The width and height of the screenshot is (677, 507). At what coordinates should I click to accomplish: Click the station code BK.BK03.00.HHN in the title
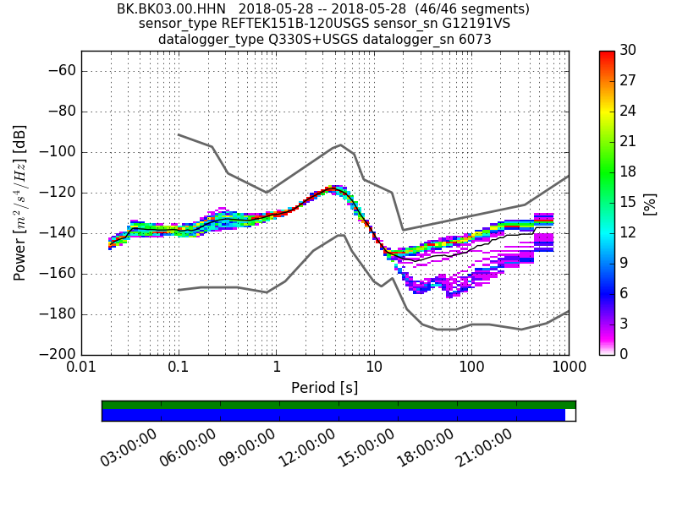[171, 9]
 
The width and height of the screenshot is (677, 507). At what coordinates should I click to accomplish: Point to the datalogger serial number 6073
[474, 40]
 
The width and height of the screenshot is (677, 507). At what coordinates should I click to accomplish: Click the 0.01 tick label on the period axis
[81, 369]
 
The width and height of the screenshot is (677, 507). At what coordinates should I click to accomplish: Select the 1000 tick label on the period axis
[568, 369]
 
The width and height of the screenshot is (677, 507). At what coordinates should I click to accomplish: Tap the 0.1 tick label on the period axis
[179, 369]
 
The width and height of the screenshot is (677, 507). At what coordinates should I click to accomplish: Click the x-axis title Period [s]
[324, 388]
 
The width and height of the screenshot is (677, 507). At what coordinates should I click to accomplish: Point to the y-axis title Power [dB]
[20, 203]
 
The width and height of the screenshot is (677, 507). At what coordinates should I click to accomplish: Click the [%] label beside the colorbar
[651, 203]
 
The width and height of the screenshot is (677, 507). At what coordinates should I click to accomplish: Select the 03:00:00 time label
[129, 448]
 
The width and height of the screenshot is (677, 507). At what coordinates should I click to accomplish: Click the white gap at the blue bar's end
[570, 415]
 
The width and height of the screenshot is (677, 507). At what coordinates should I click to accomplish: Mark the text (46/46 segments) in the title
[476, 9]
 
